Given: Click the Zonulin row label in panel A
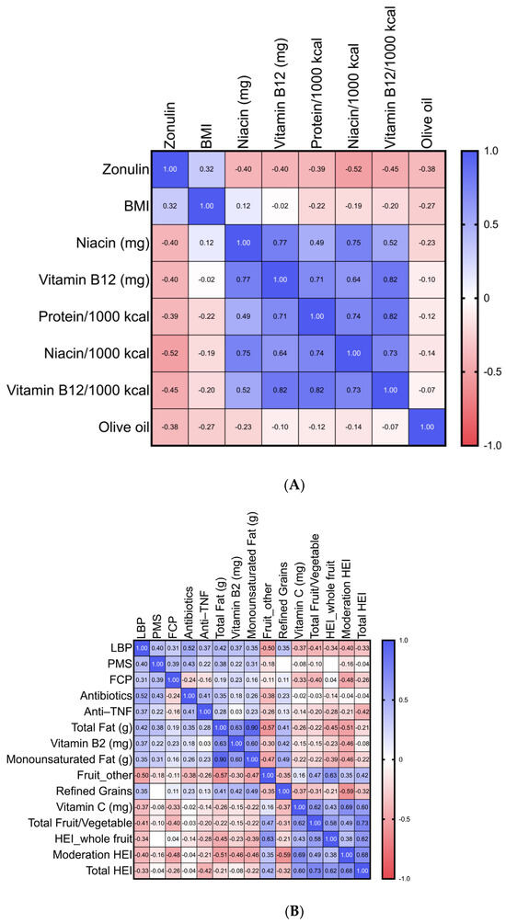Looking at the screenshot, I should click(x=109, y=170).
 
